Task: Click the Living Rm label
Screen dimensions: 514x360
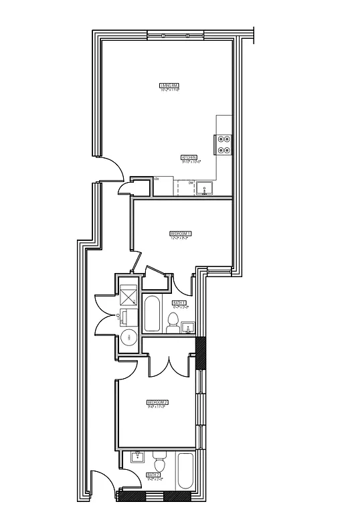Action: tap(169, 86)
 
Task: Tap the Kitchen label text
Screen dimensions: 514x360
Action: tap(189, 159)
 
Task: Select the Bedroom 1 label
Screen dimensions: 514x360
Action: tap(181, 233)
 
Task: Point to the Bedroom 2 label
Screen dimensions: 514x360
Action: tap(157, 402)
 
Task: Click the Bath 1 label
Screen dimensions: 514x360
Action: tap(179, 303)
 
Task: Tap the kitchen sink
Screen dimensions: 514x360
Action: tap(205, 187)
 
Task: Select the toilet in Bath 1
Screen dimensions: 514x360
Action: tap(173, 322)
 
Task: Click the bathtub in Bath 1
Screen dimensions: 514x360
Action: tap(152, 315)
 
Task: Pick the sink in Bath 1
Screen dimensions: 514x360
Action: tap(189, 327)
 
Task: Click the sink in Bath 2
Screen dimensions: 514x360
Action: tap(139, 458)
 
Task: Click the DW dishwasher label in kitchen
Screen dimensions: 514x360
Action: tap(191, 182)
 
